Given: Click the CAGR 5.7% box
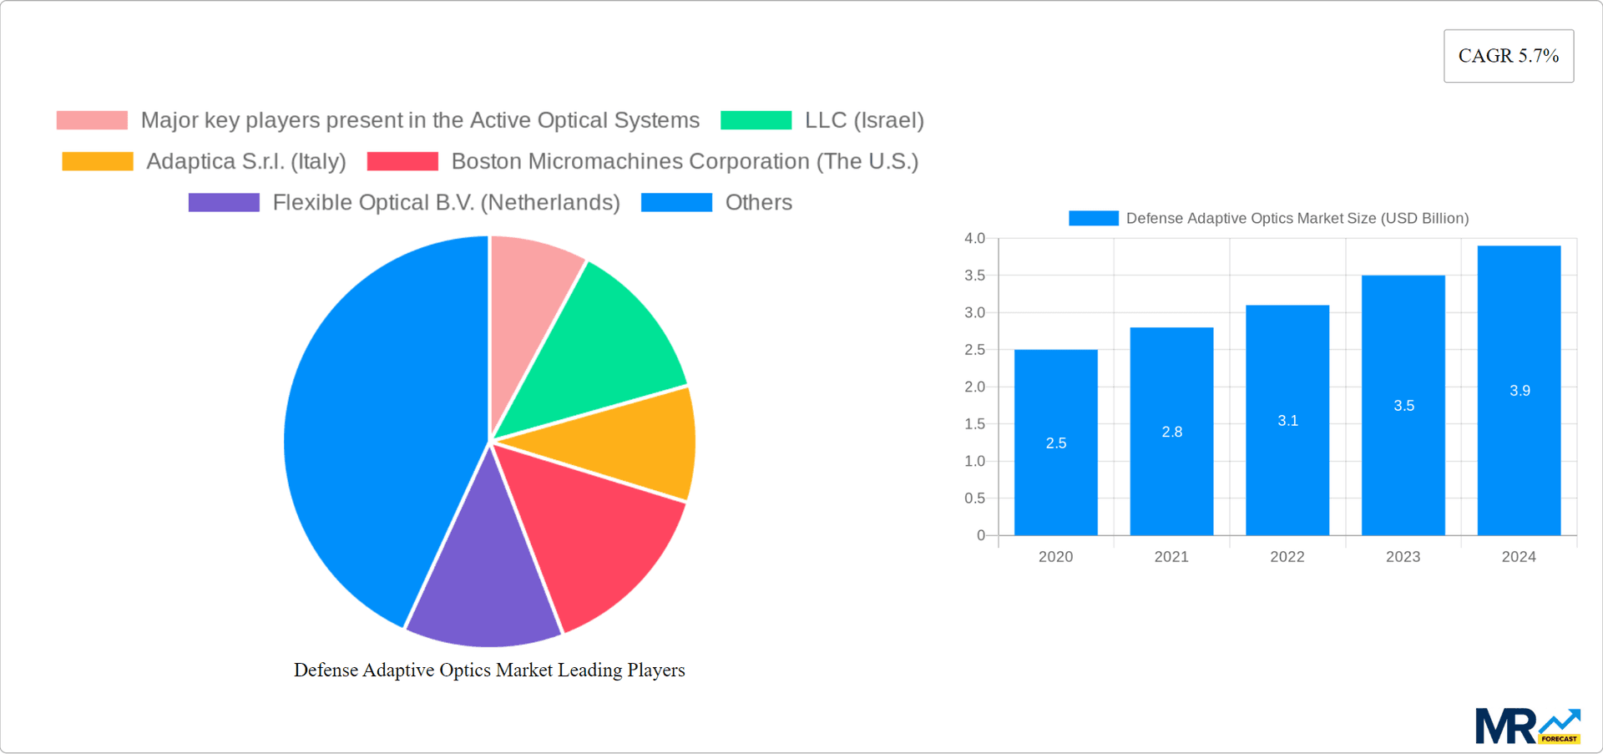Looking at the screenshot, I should pos(1508,56).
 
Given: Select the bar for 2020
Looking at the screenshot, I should pos(1055,468).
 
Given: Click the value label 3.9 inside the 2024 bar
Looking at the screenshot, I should pos(1520,391).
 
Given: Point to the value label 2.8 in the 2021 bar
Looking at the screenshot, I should pos(1171,432).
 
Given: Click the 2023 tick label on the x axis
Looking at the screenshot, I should pos(1403,557).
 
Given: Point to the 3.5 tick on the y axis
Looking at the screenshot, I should pos(974,276).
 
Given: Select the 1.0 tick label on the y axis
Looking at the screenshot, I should pos(974,461).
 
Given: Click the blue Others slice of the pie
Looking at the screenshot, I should pos(376,434).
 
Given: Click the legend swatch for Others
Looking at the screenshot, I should pos(676,203).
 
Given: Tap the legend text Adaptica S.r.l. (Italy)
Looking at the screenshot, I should pos(245,161).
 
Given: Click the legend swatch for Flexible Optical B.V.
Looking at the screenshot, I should pos(224,203).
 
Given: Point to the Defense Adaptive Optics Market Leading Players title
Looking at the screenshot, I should pos(489,671).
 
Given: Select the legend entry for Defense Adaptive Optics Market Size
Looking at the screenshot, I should pos(1268,219).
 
